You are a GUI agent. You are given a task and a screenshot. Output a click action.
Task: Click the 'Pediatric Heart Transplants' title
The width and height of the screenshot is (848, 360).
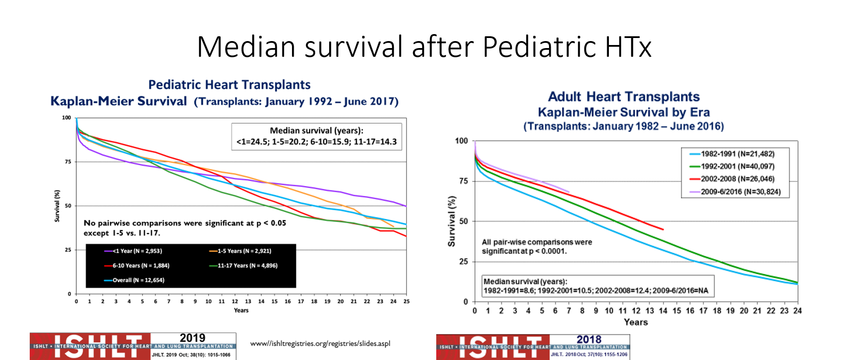[229, 85]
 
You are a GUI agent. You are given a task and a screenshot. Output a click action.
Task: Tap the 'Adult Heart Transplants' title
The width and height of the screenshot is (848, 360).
[624, 97]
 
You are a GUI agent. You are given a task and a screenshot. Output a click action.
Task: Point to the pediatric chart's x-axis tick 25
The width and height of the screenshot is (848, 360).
[407, 301]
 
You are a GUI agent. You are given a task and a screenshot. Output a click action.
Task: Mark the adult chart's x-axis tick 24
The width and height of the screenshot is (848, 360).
[798, 311]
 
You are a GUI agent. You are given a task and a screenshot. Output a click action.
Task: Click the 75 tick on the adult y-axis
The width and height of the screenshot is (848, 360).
[463, 181]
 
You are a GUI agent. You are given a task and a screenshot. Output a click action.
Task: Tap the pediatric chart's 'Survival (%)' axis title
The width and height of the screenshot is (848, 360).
[57, 206]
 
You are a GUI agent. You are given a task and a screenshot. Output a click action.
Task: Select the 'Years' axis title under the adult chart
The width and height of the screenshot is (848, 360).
[636, 322]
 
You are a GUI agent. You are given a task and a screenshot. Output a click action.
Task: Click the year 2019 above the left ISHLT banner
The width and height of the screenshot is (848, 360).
[192, 338]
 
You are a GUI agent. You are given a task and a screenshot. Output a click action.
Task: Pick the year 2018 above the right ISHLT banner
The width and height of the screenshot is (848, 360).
[589, 339]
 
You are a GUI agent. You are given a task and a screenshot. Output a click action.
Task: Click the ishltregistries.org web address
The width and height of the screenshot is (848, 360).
[320, 344]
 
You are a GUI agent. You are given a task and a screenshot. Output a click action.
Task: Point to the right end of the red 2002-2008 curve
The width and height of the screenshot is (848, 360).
[663, 229]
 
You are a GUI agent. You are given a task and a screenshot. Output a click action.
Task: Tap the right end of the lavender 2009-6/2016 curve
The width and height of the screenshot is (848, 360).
[569, 192]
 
